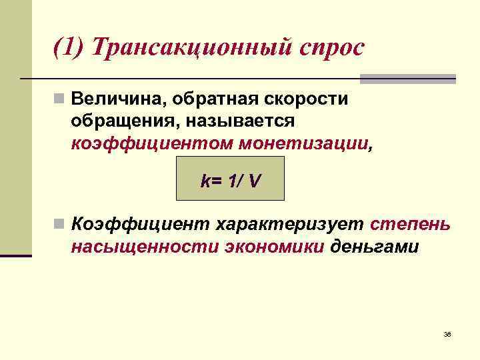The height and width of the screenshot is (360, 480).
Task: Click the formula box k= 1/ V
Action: (229, 179)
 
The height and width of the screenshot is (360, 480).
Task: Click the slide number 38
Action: (447, 333)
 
